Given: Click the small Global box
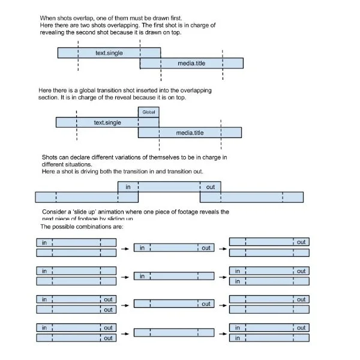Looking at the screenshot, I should pos(149,112).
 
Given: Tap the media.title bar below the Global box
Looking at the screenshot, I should pos(190,133).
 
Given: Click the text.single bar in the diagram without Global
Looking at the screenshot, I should pos(109,53).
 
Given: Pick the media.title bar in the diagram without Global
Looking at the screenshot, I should pos(191,63).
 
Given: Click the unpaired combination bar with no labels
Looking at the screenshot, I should pos(173,332).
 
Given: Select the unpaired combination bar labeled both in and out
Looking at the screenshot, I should pos(173,248).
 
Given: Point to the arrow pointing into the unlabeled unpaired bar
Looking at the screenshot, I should pos(124,332).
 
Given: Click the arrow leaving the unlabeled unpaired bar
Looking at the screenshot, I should pos(223,332).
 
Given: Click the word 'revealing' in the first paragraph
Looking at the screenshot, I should pos(56,32).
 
